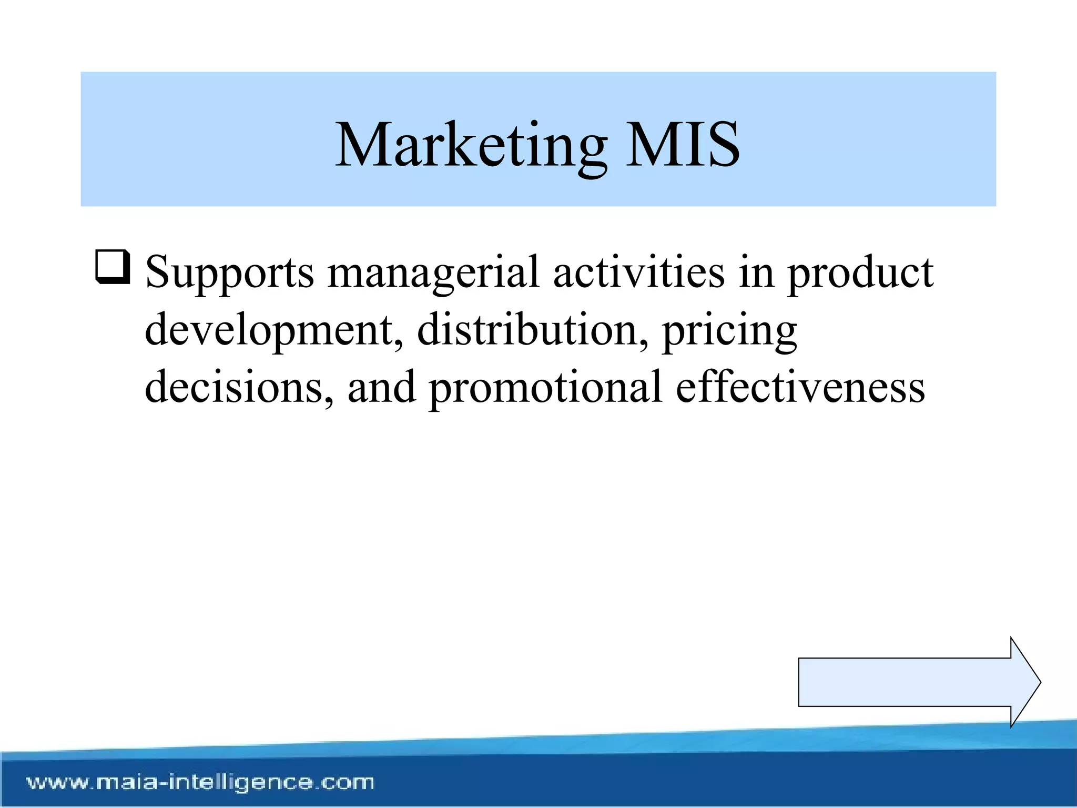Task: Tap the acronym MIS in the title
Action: (x=683, y=145)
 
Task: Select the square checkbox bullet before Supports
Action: (x=113, y=267)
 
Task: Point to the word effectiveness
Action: (x=800, y=387)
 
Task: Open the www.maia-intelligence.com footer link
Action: (x=200, y=782)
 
